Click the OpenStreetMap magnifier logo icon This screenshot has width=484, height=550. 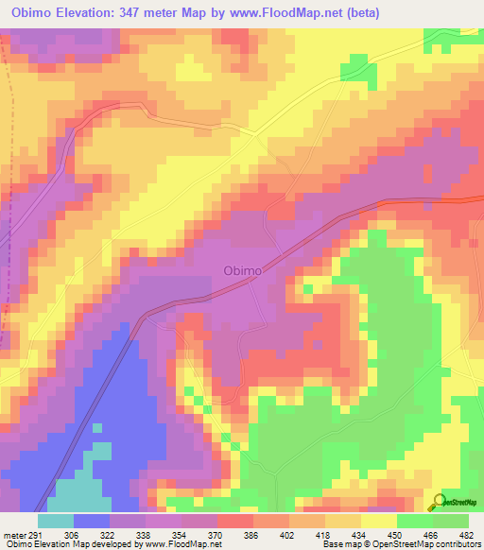pos(438,500)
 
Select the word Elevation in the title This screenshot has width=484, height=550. pos(98,12)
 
